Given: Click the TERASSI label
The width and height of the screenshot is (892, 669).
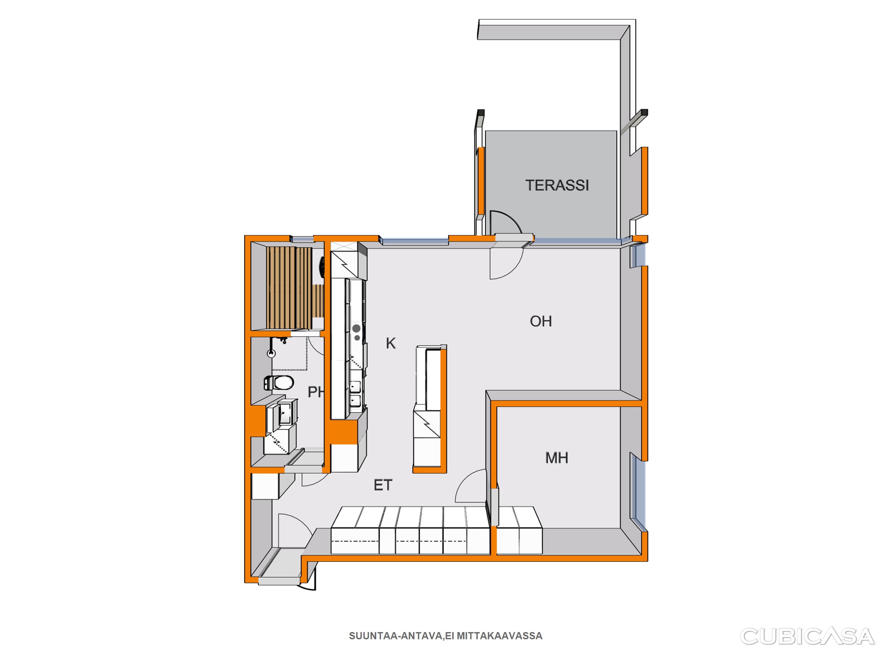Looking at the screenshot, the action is [x=557, y=185].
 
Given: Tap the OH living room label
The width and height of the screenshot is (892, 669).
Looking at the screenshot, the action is [x=541, y=321].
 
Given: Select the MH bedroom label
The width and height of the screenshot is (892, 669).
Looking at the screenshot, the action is [x=556, y=458].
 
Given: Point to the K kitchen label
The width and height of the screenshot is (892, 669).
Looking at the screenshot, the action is [x=391, y=343].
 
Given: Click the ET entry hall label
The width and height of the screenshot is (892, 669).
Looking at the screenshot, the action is [x=383, y=485].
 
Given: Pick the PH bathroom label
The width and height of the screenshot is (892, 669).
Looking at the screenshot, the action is [x=316, y=392].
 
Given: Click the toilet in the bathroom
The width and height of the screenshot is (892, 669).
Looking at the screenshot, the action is [x=279, y=383].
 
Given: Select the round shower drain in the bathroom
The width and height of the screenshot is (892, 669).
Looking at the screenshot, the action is [x=272, y=354].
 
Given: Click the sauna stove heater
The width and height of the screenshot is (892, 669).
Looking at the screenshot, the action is [x=322, y=267].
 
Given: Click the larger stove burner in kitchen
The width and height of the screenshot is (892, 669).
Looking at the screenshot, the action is [x=356, y=329].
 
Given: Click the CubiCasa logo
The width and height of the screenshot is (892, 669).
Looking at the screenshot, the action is [x=807, y=636].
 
